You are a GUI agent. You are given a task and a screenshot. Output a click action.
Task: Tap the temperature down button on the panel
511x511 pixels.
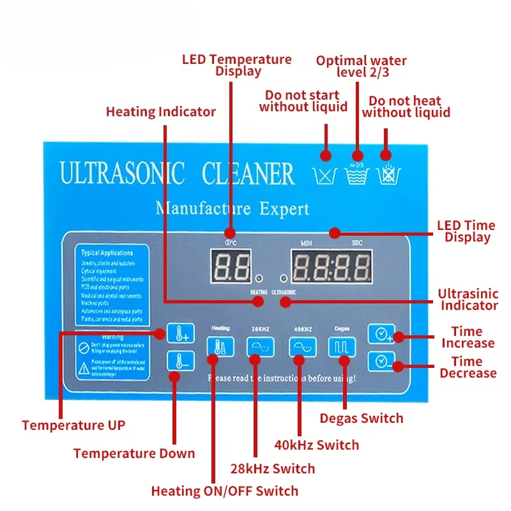[x=177, y=362]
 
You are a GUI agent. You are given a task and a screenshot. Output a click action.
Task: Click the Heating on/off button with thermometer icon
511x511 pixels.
[x=216, y=347]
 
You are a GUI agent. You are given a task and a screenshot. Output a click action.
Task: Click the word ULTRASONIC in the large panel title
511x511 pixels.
[x=122, y=174]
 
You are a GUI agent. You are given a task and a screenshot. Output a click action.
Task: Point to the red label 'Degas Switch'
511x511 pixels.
[x=362, y=418]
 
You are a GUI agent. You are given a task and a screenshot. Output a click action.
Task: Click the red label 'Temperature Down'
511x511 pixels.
[x=134, y=454]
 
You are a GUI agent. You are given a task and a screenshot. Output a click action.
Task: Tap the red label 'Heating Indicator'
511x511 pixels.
[x=161, y=112]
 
